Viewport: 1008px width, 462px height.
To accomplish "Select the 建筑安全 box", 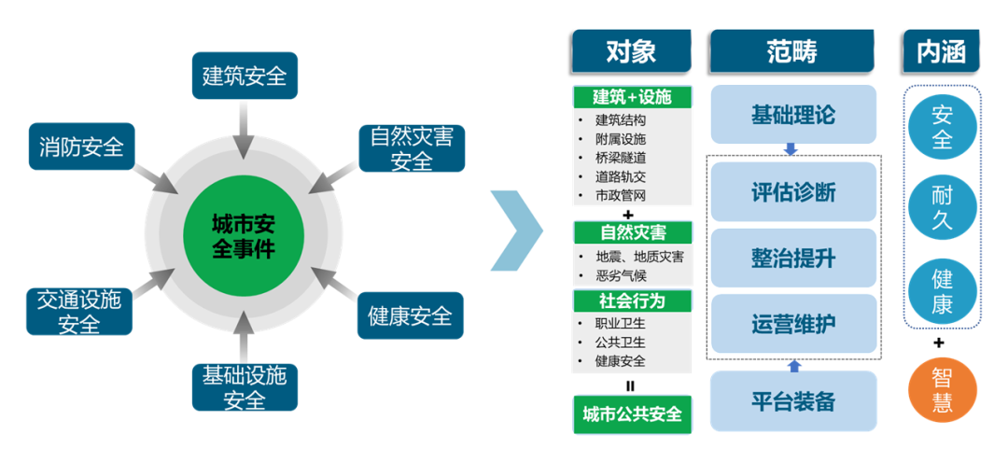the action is coord(245,76).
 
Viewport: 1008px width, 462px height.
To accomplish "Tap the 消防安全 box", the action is coord(81,147).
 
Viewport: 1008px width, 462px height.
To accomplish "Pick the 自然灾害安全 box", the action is coord(412,148).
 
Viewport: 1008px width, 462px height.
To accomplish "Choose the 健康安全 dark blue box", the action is coord(410,315).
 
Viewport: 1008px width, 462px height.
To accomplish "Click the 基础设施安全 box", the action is coord(245,387).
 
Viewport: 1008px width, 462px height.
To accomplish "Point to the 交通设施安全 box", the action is coord(79,312).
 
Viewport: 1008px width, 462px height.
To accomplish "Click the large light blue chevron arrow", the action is coord(517,231).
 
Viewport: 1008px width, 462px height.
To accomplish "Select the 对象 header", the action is coord(631,50).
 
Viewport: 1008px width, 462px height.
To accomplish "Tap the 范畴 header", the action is coord(792,50).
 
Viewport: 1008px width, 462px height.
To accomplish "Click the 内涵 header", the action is coord(942,50).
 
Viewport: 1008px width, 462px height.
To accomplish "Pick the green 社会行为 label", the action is coord(632,301).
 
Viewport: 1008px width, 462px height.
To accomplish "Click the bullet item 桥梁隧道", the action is coord(621,158).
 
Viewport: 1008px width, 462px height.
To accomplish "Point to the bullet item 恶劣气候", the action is coord(621,276).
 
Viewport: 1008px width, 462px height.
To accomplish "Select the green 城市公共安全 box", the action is coord(632,413).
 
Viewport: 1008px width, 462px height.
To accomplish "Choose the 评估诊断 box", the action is coord(793,191).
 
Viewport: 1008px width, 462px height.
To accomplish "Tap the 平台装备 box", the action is coord(793,401).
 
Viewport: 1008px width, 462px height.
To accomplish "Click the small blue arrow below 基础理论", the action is coord(791,149).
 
